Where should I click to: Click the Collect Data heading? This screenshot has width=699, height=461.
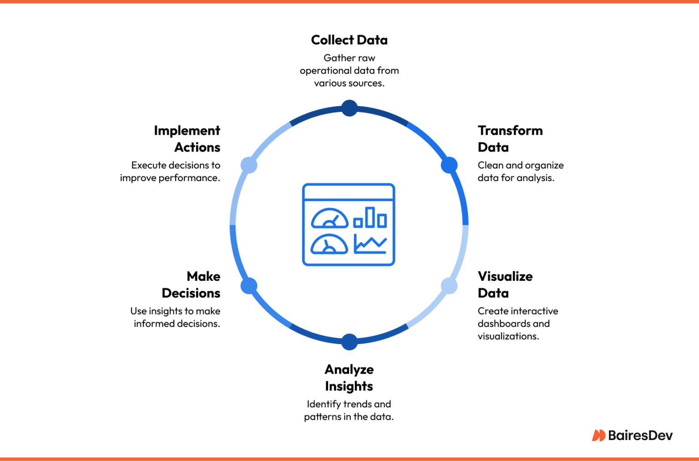coord(349,40)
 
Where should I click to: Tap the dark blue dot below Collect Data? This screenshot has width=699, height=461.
coord(349,108)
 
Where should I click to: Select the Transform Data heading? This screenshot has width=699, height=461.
coord(510,139)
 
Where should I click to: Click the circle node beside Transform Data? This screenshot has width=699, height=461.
coord(449,165)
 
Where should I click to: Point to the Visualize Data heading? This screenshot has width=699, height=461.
coord(505,284)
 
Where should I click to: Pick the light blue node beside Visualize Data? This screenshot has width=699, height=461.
coord(449,286)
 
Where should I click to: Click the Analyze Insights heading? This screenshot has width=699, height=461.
coord(349,378)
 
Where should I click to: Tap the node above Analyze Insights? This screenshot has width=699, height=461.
coord(349,342)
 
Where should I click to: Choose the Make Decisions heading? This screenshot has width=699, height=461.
coord(191,284)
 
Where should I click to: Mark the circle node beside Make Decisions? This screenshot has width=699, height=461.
coord(249,286)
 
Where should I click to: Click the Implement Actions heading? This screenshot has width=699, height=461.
coord(187,139)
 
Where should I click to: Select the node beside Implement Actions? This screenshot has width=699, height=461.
coord(249,165)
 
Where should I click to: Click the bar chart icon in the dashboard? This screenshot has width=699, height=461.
coord(370,218)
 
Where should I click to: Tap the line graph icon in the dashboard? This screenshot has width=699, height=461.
coord(370,244)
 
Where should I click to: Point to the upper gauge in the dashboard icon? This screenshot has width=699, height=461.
coord(329,218)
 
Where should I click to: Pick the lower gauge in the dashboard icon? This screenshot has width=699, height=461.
coord(329,244)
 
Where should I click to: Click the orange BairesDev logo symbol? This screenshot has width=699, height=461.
coord(598,436)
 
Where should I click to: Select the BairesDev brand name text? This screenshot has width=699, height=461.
coord(640,436)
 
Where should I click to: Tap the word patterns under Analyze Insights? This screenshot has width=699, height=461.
coord(322,416)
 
